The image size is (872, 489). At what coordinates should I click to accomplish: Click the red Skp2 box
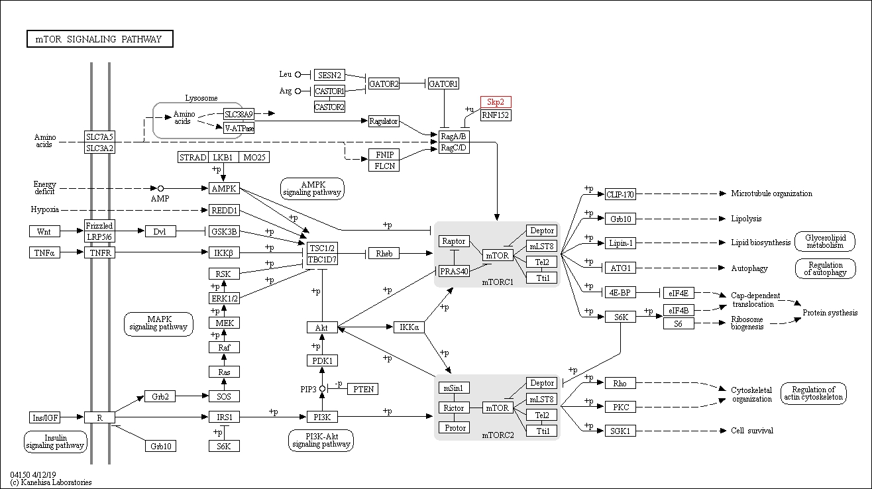(496, 102)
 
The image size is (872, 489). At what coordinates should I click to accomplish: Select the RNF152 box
(496, 115)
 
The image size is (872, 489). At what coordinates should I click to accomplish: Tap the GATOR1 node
(443, 83)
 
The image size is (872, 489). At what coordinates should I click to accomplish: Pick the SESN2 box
(329, 75)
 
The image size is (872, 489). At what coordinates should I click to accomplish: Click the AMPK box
(224, 188)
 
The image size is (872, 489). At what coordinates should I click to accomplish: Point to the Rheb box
(384, 254)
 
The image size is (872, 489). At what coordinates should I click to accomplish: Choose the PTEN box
(363, 389)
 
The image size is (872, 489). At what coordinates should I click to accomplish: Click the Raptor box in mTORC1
(454, 241)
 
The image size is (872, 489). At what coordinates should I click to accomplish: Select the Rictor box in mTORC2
(454, 407)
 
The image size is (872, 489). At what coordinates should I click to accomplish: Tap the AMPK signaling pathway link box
(312, 188)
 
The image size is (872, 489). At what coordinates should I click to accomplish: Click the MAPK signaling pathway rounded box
(158, 323)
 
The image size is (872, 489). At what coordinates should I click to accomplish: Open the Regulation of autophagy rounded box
(826, 268)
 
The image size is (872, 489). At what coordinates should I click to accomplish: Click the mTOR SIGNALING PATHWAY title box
(99, 39)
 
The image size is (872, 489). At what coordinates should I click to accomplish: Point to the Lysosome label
(201, 98)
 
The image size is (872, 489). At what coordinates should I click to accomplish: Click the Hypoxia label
(45, 209)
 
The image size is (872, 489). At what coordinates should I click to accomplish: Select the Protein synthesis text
(830, 313)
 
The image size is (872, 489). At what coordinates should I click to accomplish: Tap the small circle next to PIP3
(322, 388)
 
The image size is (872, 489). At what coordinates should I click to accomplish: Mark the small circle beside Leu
(298, 74)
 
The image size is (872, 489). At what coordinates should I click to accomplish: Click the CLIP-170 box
(620, 194)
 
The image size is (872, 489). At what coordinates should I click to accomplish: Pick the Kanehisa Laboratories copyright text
(51, 482)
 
